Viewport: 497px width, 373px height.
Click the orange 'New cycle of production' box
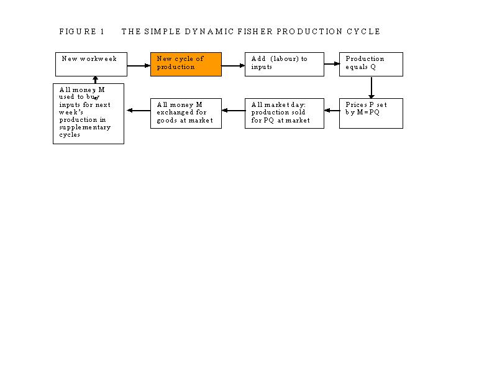(186, 65)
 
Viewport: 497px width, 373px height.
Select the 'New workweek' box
(91, 65)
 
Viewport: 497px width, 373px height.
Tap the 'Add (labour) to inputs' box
(285, 65)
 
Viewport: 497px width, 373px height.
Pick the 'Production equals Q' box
(371, 65)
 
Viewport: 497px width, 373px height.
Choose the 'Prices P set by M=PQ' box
(371, 113)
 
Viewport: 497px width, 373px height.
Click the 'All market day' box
(285, 113)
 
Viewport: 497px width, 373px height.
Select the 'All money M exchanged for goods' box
(186, 113)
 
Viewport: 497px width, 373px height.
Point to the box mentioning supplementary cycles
(88, 114)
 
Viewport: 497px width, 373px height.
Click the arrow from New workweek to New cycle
(139, 66)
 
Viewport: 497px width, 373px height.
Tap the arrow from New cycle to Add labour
(234, 66)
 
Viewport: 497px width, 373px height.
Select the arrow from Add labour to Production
(332, 64)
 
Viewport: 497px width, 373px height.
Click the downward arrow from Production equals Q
(371, 88)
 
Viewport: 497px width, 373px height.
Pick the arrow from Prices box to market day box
(332, 111)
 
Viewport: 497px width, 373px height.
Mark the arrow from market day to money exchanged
(234, 111)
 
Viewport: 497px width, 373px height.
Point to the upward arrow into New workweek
(95, 80)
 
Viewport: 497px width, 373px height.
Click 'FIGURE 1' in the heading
(82, 32)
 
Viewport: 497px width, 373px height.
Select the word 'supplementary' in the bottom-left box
(84, 127)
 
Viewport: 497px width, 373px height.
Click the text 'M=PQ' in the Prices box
(368, 112)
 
